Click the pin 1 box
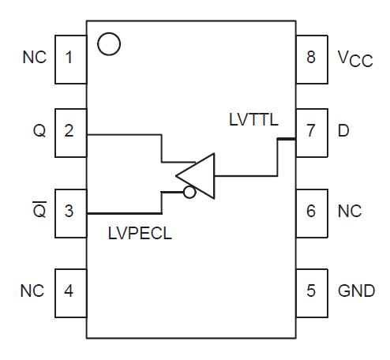tap(69, 58)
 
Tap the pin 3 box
tap(69, 211)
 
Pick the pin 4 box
tap(69, 291)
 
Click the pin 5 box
tap(311, 291)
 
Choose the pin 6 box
tap(311, 211)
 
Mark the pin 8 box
tap(311, 58)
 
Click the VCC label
tap(354, 59)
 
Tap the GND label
tap(356, 291)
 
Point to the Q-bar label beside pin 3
tap(39, 210)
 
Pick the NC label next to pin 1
tap(34, 58)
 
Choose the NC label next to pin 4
tap(34, 291)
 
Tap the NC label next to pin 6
tap(349, 211)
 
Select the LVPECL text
tap(141, 234)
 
